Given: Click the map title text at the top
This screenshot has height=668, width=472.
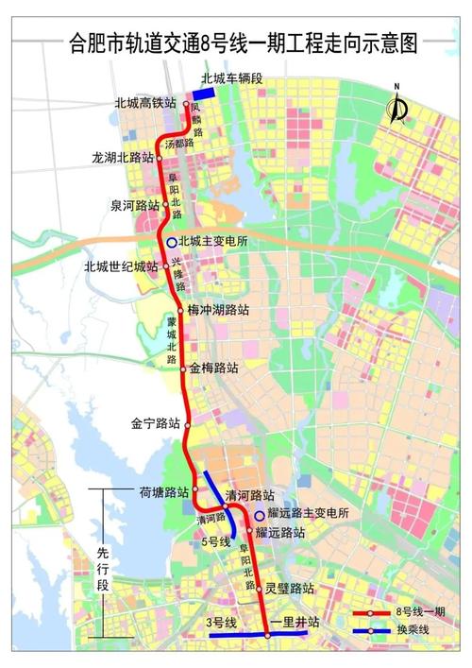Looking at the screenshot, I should (x=236, y=42).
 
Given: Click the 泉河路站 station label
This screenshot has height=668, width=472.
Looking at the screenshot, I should (x=133, y=204).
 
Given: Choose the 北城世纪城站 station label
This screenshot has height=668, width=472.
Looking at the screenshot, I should (x=121, y=266).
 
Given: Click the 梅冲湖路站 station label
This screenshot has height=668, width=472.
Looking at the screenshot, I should (x=219, y=309).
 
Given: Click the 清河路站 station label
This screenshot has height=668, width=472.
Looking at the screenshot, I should (x=249, y=495).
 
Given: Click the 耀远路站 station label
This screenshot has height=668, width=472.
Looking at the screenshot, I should (x=280, y=533).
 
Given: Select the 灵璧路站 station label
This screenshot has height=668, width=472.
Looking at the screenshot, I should (x=289, y=588).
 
